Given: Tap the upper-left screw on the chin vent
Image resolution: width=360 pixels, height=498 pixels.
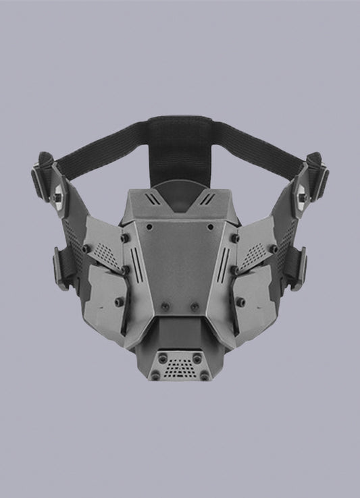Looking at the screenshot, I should [x=162, y=356].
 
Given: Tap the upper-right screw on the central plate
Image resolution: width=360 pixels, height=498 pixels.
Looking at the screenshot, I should [x=234, y=238].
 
